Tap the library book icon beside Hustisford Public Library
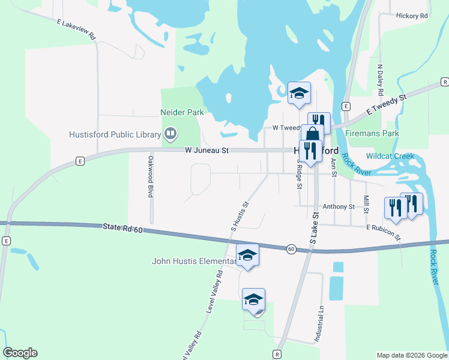170,134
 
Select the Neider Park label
182,112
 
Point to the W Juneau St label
206,151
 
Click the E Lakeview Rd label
77,29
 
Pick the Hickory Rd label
411,16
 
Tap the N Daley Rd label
380,80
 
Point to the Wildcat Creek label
390,156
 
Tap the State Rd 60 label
122,227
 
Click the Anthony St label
339,206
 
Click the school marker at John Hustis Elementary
247,255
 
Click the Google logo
20,353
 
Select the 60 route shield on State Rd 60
291,248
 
